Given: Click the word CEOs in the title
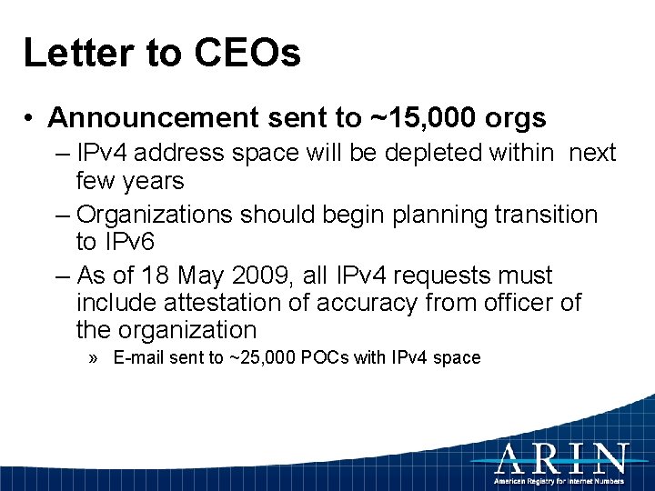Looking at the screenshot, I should (x=247, y=53).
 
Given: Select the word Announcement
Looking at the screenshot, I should (x=154, y=117).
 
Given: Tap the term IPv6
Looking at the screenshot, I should (x=130, y=242).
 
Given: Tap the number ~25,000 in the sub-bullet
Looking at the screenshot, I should (x=262, y=357).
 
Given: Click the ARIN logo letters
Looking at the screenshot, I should (x=561, y=457).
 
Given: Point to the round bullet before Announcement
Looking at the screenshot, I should (x=31, y=118).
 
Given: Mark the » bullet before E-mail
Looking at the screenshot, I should (x=96, y=357).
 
